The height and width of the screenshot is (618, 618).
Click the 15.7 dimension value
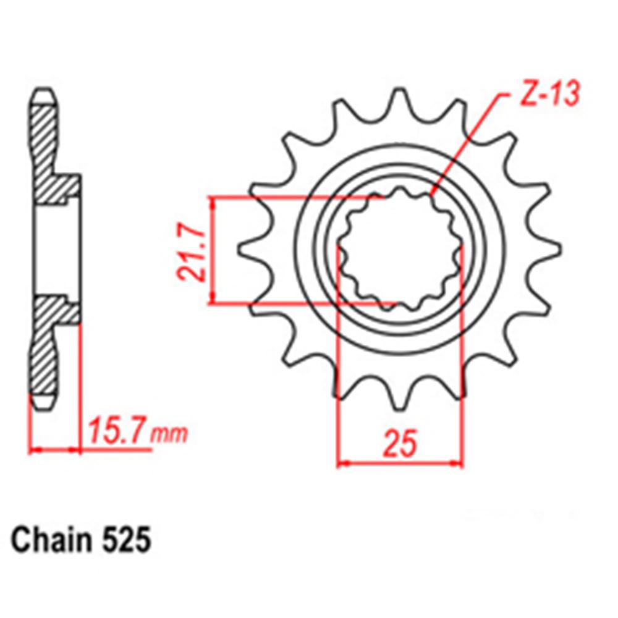pos(117,430)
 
